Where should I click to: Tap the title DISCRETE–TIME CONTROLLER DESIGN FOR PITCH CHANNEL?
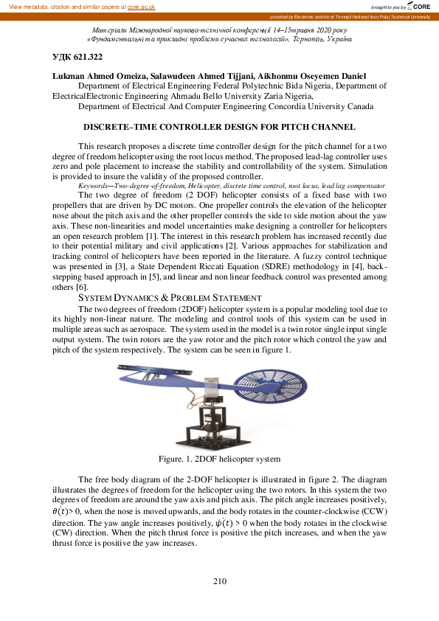219,128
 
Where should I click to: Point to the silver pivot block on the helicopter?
214,382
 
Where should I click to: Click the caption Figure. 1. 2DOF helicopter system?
219,459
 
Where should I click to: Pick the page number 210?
219,581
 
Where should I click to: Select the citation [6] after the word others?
82,286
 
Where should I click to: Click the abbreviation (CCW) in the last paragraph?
370,511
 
